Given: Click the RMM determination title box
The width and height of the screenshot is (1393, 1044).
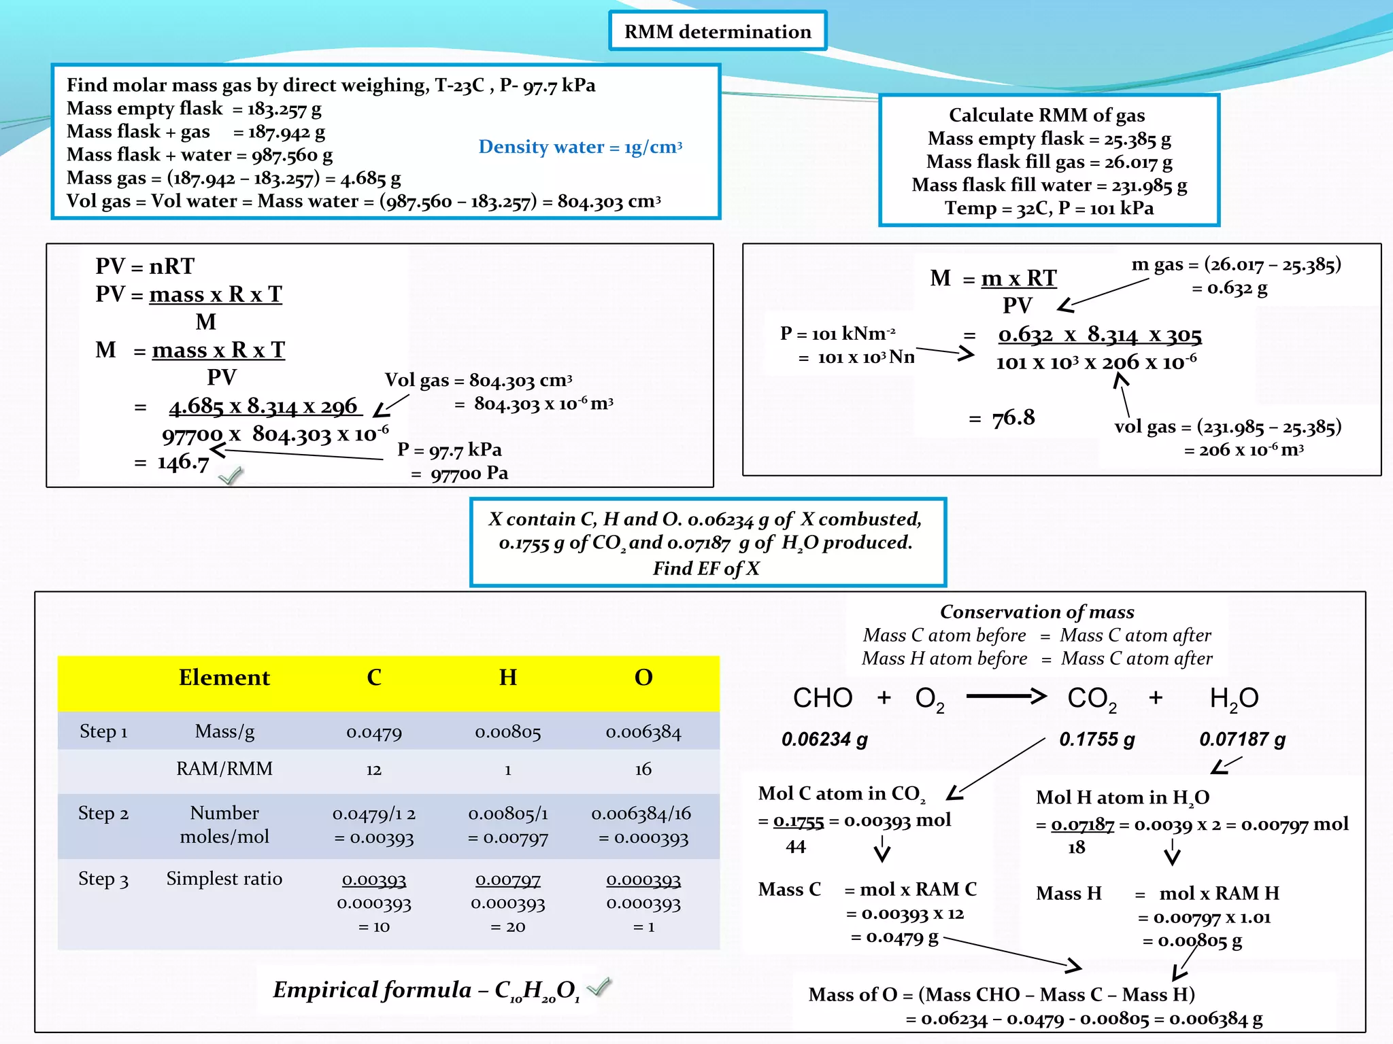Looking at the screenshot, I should tap(718, 31).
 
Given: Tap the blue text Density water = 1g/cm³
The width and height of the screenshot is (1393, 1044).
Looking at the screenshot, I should tap(580, 147).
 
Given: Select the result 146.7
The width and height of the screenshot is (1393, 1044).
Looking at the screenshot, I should tap(182, 462).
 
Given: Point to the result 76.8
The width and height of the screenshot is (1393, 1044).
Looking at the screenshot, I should tap(1013, 417).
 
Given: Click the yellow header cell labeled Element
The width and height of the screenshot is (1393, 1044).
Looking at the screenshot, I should tap(224, 678).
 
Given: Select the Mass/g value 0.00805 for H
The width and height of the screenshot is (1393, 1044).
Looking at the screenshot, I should tap(507, 732).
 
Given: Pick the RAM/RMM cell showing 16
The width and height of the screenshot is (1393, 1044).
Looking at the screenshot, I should tap(643, 769).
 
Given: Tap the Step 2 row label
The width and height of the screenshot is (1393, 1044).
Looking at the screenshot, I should tap(103, 814).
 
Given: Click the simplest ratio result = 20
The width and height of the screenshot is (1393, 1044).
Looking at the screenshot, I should tap(507, 926).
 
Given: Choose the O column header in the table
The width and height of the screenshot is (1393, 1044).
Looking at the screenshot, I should tap(643, 678).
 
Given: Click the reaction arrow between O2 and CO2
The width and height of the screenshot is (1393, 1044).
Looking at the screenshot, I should tap(1005, 696).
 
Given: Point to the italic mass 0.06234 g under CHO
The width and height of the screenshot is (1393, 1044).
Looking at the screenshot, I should tap(824, 739).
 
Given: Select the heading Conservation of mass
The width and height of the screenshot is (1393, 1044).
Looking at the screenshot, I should tap(1037, 612).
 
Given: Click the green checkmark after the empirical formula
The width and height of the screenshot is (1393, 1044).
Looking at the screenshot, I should tap(599, 986).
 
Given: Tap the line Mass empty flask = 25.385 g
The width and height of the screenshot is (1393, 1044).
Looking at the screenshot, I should tap(1049, 139).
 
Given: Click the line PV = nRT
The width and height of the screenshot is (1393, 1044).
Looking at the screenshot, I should tap(145, 266).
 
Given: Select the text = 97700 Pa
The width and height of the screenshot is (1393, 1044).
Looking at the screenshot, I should tap(460, 473).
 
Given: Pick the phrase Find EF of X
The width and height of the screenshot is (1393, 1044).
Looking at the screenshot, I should tap(706, 568).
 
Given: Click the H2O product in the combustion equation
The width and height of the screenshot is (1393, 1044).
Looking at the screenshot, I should tap(1233, 698).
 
